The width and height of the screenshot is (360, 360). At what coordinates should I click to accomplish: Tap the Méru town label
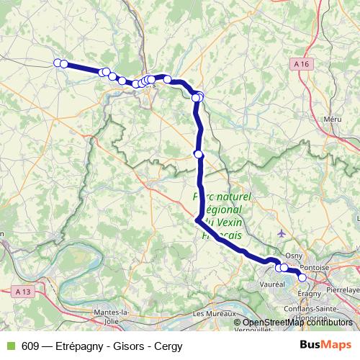pos(332,117)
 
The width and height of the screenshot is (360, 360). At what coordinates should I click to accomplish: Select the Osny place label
pos(293,255)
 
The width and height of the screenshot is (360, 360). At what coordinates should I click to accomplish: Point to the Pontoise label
pos(316,266)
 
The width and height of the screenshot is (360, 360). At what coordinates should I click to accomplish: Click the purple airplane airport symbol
pos(280,233)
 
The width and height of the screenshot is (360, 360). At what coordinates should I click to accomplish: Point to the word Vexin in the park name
pos(222,222)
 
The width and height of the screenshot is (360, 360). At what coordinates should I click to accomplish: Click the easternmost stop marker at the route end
pos(302,277)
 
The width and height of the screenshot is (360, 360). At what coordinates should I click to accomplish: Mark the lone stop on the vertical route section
pos(199,153)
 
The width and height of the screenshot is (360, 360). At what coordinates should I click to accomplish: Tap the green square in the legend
pos(9,346)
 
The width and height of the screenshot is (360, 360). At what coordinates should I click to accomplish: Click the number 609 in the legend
pos(30,346)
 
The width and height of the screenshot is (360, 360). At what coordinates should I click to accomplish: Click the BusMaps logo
pos(325,345)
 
